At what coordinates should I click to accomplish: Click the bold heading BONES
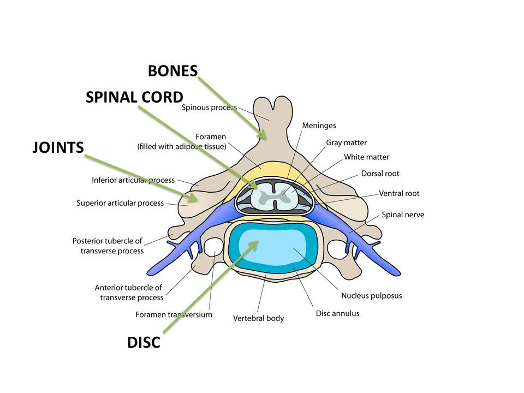tap(172, 70)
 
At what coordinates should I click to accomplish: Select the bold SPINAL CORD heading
tap(134, 97)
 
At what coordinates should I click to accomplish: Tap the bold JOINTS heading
tap(57, 147)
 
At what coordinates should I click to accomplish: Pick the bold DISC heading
tap(144, 343)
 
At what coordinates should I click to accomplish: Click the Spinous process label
tap(209, 108)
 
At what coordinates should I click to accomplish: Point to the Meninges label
tap(319, 126)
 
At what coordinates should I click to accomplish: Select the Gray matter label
tap(346, 142)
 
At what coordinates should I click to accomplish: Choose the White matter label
tap(366, 157)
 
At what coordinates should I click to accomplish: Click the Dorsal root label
tap(380, 174)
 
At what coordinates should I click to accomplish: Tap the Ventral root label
tap(399, 193)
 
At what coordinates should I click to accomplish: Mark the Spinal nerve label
tap(403, 215)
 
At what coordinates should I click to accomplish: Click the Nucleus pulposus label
tap(371, 296)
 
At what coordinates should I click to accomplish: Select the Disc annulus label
tap(337, 313)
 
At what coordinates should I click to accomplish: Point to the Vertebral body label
tap(258, 318)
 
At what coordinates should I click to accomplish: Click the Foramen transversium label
tap(174, 314)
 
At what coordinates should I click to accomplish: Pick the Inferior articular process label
tap(133, 180)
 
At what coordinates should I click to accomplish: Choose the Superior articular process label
tap(120, 203)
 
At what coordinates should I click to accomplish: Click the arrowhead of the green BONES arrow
tap(264, 137)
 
